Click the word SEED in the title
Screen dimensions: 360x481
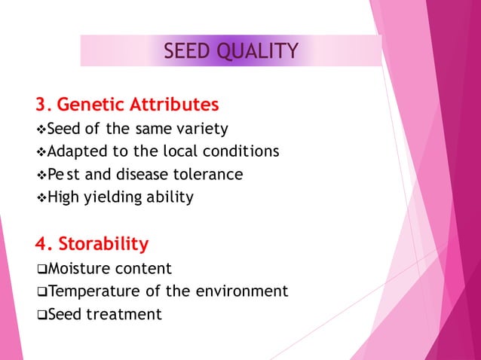click(x=189, y=51)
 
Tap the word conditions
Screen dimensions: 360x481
click(x=243, y=151)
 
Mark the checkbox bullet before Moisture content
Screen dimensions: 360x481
click(x=41, y=269)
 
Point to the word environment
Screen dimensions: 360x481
click(x=244, y=291)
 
